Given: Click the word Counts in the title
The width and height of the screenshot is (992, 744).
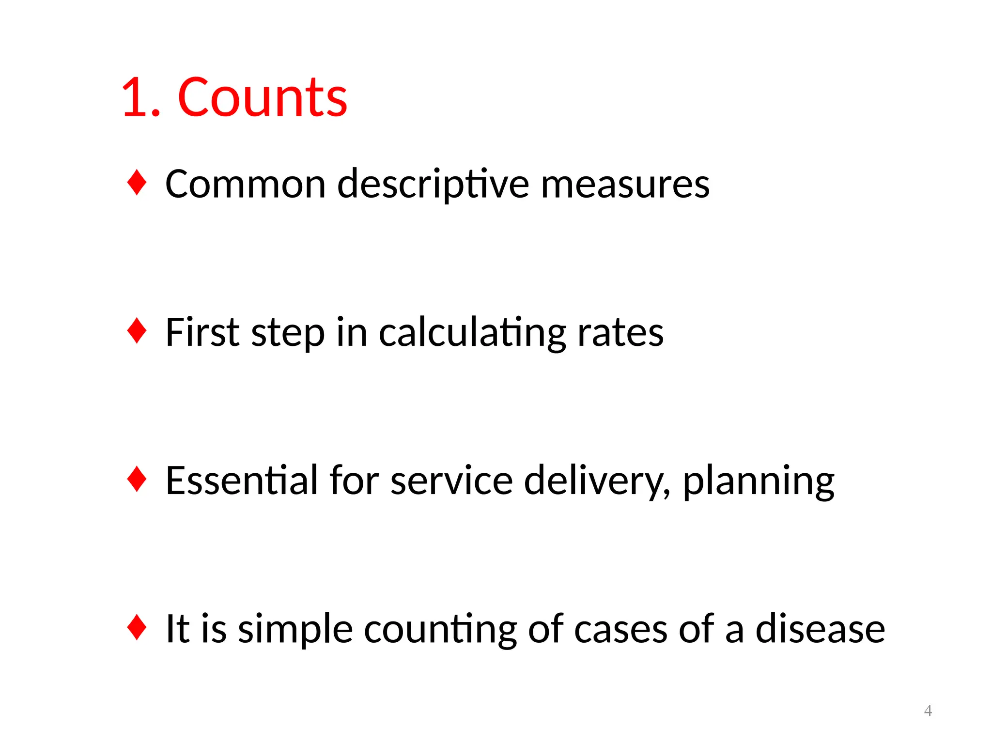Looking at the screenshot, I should tap(263, 98).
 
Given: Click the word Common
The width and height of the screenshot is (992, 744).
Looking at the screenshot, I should tap(246, 184).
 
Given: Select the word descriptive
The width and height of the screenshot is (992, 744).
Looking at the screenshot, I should tap(433, 185).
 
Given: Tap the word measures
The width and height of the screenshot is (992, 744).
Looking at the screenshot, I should tap(625, 185).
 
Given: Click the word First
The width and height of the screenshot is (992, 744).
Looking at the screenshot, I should tap(202, 332).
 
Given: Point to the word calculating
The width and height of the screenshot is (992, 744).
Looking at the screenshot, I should tap(472, 333).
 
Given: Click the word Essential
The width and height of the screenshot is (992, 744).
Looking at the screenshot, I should tap(242, 480).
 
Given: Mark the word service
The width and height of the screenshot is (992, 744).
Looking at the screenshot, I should tap(451, 481).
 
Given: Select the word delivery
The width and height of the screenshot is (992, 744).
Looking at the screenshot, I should tap(597, 481).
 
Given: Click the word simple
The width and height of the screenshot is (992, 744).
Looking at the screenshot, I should tap(295, 630).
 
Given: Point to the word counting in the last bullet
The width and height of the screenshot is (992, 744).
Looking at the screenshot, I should tap(440, 630).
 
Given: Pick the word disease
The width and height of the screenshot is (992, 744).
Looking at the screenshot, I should tap(820, 629).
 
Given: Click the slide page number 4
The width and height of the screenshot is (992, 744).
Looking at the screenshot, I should tap(928, 711).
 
